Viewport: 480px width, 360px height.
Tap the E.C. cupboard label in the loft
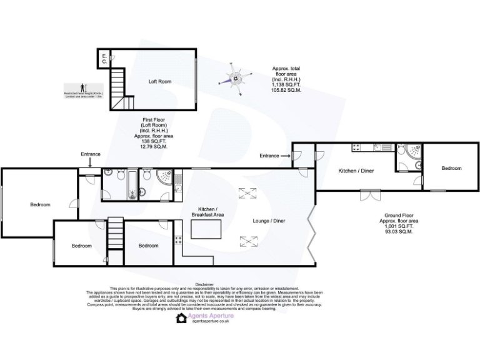(x=104, y=59)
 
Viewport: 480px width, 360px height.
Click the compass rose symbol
(x=236, y=79)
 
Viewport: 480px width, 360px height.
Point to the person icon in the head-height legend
(x=82, y=87)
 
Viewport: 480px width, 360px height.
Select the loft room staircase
(x=118, y=88)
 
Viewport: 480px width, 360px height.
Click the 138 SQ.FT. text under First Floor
(x=153, y=141)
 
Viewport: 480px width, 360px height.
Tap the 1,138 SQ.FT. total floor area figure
(x=286, y=85)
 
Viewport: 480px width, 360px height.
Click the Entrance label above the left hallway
(x=90, y=154)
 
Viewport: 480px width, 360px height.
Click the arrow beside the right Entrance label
(x=285, y=156)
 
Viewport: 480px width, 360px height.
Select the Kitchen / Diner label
(x=356, y=171)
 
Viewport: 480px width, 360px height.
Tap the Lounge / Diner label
(x=269, y=221)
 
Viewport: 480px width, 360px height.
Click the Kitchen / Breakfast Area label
(x=207, y=212)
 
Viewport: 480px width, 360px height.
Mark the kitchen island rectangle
(x=207, y=230)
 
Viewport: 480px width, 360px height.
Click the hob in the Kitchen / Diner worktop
(x=356, y=148)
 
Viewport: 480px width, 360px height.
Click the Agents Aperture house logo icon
(x=181, y=318)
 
